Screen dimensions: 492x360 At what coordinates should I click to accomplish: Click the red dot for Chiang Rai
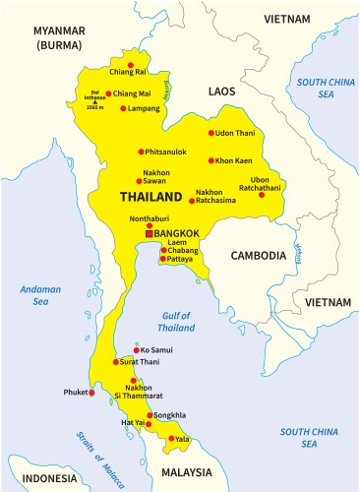[x=128, y=55]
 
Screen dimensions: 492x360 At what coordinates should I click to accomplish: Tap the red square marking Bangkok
[x=149, y=233]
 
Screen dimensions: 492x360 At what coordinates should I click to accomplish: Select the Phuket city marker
[x=92, y=393]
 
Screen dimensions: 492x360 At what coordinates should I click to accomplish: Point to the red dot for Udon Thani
[x=210, y=133]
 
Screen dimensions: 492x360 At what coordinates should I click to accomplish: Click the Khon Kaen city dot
[x=210, y=160]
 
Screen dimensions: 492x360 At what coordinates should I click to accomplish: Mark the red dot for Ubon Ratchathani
[x=262, y=195]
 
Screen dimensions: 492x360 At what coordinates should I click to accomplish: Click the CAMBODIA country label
[x=259, y=255]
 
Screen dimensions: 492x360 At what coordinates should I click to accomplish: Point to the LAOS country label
[x=222, y=91]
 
